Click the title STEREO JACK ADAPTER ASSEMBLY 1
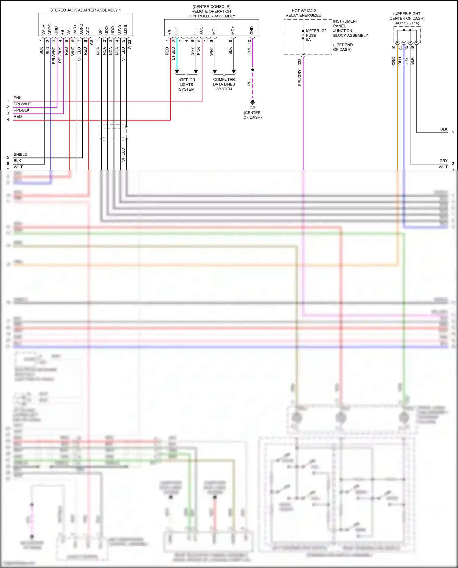point(85,10)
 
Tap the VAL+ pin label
point(44,30)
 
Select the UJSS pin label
point(125,30)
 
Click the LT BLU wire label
point(173,53)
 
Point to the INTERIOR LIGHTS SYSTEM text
point(186,85)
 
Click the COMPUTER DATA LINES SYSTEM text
point(224,84)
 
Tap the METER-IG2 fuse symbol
point(303,35)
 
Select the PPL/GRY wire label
point(300,78)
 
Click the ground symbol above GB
point(253,103)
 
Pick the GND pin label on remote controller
point(252,30)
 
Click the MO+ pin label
point(233,30)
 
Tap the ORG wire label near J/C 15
point(394,61)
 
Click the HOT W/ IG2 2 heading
point(304,11)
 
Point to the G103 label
point(130,44)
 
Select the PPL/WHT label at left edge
point(22,104)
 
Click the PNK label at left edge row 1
point(18,98)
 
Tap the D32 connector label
point(300,62)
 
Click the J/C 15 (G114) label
point(407,23)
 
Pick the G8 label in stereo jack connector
point(92,42)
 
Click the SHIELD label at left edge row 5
point(20,154)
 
